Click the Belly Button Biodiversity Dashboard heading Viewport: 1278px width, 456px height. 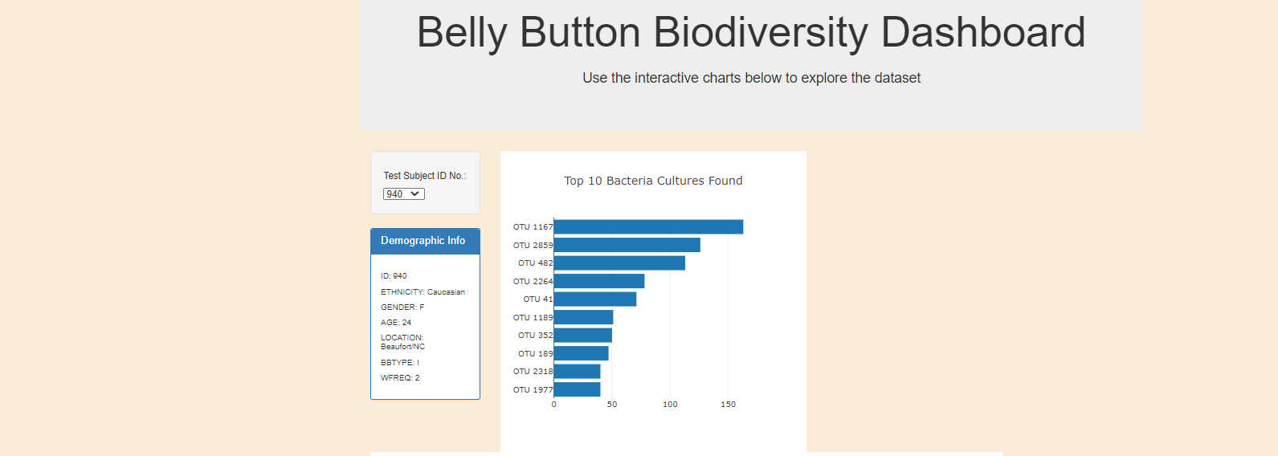tap(750, 33)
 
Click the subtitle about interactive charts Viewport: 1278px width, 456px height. tap(751, 78)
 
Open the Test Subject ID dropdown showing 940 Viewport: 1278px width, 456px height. tap(403, 194)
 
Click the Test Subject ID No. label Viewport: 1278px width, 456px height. tap(424, 176)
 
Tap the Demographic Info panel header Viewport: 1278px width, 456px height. tap(423, 241)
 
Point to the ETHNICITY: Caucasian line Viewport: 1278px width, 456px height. tap(423, 292)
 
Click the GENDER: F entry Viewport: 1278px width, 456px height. tap(402, 307)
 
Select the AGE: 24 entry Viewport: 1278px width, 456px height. tap(396, 323)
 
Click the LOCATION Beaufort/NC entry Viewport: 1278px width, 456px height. tap(402, 342)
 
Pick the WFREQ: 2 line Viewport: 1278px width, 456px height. tap(400, 378)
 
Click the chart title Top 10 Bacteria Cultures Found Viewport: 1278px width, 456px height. tap(653, 181)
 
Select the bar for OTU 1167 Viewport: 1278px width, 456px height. tap(648, 227)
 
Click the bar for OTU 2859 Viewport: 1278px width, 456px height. tap(627, 245)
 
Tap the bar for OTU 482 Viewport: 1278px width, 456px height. tap(619, 263)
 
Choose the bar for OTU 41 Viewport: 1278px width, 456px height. tap(595, 299)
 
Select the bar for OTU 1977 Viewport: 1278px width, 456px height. tap(577, 389)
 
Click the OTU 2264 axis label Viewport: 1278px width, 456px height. tap(533, 282)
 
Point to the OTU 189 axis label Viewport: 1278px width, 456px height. tap(535, 354)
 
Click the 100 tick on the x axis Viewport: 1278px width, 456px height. tap(670, 405)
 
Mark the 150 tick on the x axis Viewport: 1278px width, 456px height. tap(728, 405)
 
